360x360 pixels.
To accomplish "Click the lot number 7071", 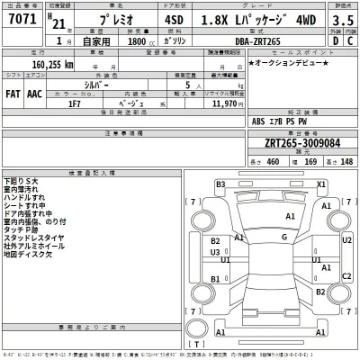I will pos(20,18).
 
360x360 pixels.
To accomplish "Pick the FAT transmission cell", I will pos(14,93).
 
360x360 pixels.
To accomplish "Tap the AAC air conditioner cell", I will pos(34,93).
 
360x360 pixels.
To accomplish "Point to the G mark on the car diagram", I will pos(283,237).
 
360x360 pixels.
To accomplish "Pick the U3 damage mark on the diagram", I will pos(216,252).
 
